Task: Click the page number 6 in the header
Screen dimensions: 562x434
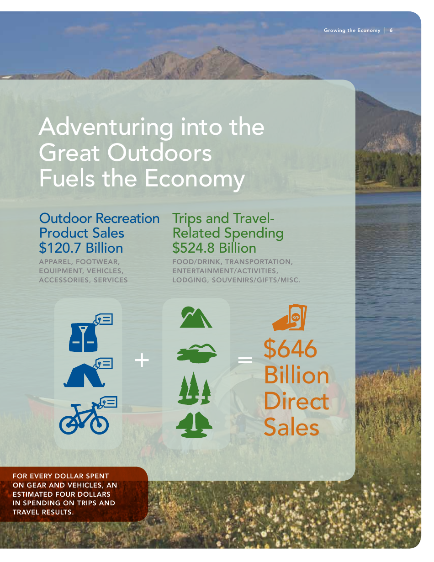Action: click(391, 30)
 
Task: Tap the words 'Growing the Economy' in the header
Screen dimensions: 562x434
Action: click(352, 30)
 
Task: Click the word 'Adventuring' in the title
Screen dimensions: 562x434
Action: click(106, 127)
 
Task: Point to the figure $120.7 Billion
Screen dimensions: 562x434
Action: click(81, 248)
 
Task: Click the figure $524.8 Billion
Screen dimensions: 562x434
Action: click(214, 248)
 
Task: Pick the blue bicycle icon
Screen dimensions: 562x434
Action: click(85, 419)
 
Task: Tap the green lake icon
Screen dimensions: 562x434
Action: click(196, 353)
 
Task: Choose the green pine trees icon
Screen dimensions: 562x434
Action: click(195, 388)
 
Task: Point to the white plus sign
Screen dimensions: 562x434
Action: click(142, 361)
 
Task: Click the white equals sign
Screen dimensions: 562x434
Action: click(245, 361)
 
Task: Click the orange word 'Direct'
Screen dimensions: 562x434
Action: click(296, 401)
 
